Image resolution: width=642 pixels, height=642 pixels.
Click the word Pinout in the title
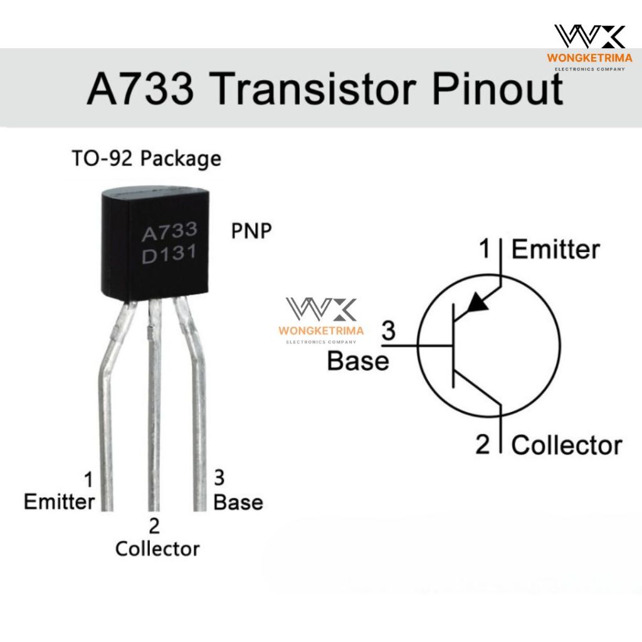point(498,88)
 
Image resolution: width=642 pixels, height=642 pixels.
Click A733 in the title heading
point(140,88)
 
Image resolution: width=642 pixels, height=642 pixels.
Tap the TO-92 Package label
point(146,159)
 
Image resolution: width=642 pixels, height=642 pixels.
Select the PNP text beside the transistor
point(251,231)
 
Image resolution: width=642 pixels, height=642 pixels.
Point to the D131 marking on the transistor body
point(169,254)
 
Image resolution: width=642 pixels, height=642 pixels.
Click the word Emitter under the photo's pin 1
point(60,502)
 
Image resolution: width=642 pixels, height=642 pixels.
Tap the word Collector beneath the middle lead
point(157,549)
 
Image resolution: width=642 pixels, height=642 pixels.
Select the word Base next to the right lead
point(238,502)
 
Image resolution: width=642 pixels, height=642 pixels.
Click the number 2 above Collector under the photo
point(154,526)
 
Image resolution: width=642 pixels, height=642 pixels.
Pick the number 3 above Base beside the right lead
point(219,478)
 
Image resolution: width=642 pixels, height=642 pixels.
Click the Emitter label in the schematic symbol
point(555,250)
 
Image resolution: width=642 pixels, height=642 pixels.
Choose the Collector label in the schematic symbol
point(567,445)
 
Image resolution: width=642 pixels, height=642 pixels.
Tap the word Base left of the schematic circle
point(358,361)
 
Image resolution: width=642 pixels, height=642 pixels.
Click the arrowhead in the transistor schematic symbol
point(477,303)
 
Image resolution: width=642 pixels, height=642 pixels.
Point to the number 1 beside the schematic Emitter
point(485,248)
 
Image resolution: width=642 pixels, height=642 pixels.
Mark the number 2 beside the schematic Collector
point(483,444)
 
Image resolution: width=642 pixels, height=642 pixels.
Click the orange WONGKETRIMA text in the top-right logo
point(589,58)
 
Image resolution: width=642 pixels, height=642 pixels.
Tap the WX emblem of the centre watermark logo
point(322,309)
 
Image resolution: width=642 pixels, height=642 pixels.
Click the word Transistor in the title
point(315,88)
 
